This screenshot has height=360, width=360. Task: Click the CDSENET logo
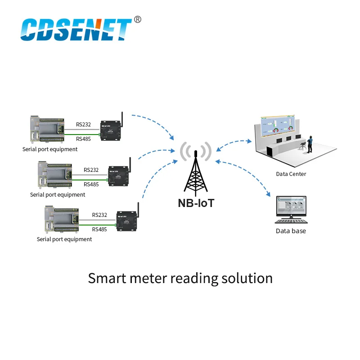76,30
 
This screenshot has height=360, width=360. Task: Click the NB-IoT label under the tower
196,202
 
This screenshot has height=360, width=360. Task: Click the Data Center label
291,174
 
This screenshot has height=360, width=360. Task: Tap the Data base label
291,231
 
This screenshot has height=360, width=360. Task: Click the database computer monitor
291,208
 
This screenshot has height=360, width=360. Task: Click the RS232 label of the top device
83,125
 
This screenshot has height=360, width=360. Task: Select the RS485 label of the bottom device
99,229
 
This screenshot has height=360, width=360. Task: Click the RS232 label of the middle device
91,170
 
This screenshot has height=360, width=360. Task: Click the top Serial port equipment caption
50,149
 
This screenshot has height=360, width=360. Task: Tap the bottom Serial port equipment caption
64,239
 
